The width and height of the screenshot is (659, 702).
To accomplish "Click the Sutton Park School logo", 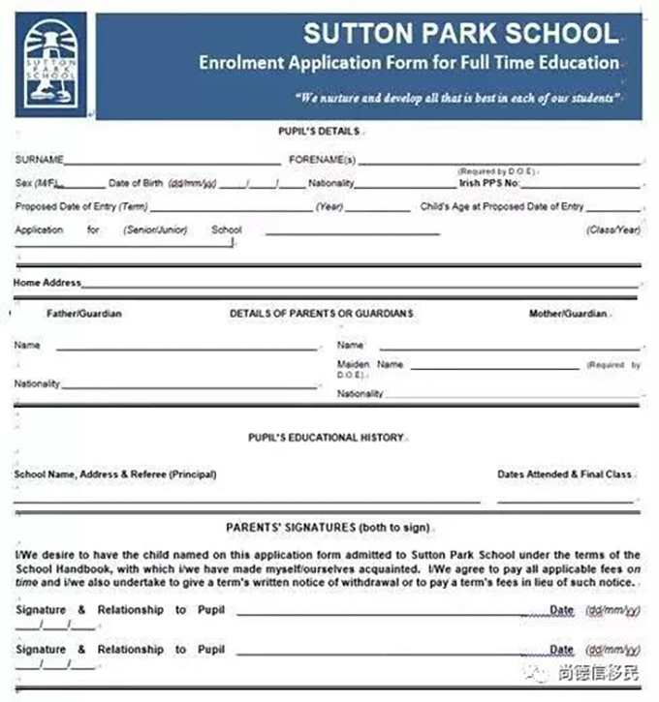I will click(50, 65).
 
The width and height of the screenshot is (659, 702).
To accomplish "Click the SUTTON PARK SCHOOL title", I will click(460, 34).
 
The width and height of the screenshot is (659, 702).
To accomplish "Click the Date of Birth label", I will click(136, 183).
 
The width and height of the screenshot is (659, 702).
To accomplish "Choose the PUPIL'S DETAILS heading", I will click(319, 131).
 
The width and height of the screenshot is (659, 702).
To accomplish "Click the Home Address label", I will click(47, 284).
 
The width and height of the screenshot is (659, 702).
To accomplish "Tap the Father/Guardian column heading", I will click(84, 314).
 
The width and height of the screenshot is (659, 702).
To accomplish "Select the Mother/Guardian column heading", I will click(568, 314).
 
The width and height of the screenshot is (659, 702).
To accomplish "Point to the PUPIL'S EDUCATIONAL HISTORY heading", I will click(326, 438).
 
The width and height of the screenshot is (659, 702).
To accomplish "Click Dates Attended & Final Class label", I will click(565, 474).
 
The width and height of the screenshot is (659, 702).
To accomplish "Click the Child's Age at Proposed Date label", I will click(502, 206).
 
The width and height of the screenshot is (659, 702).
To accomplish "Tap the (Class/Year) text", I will click(613, 230).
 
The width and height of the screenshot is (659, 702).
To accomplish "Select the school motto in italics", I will click(455, 97).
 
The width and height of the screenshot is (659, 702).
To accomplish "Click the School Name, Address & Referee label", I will click(114, 474).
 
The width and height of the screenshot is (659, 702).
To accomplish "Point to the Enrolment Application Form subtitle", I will click(408, 63).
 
